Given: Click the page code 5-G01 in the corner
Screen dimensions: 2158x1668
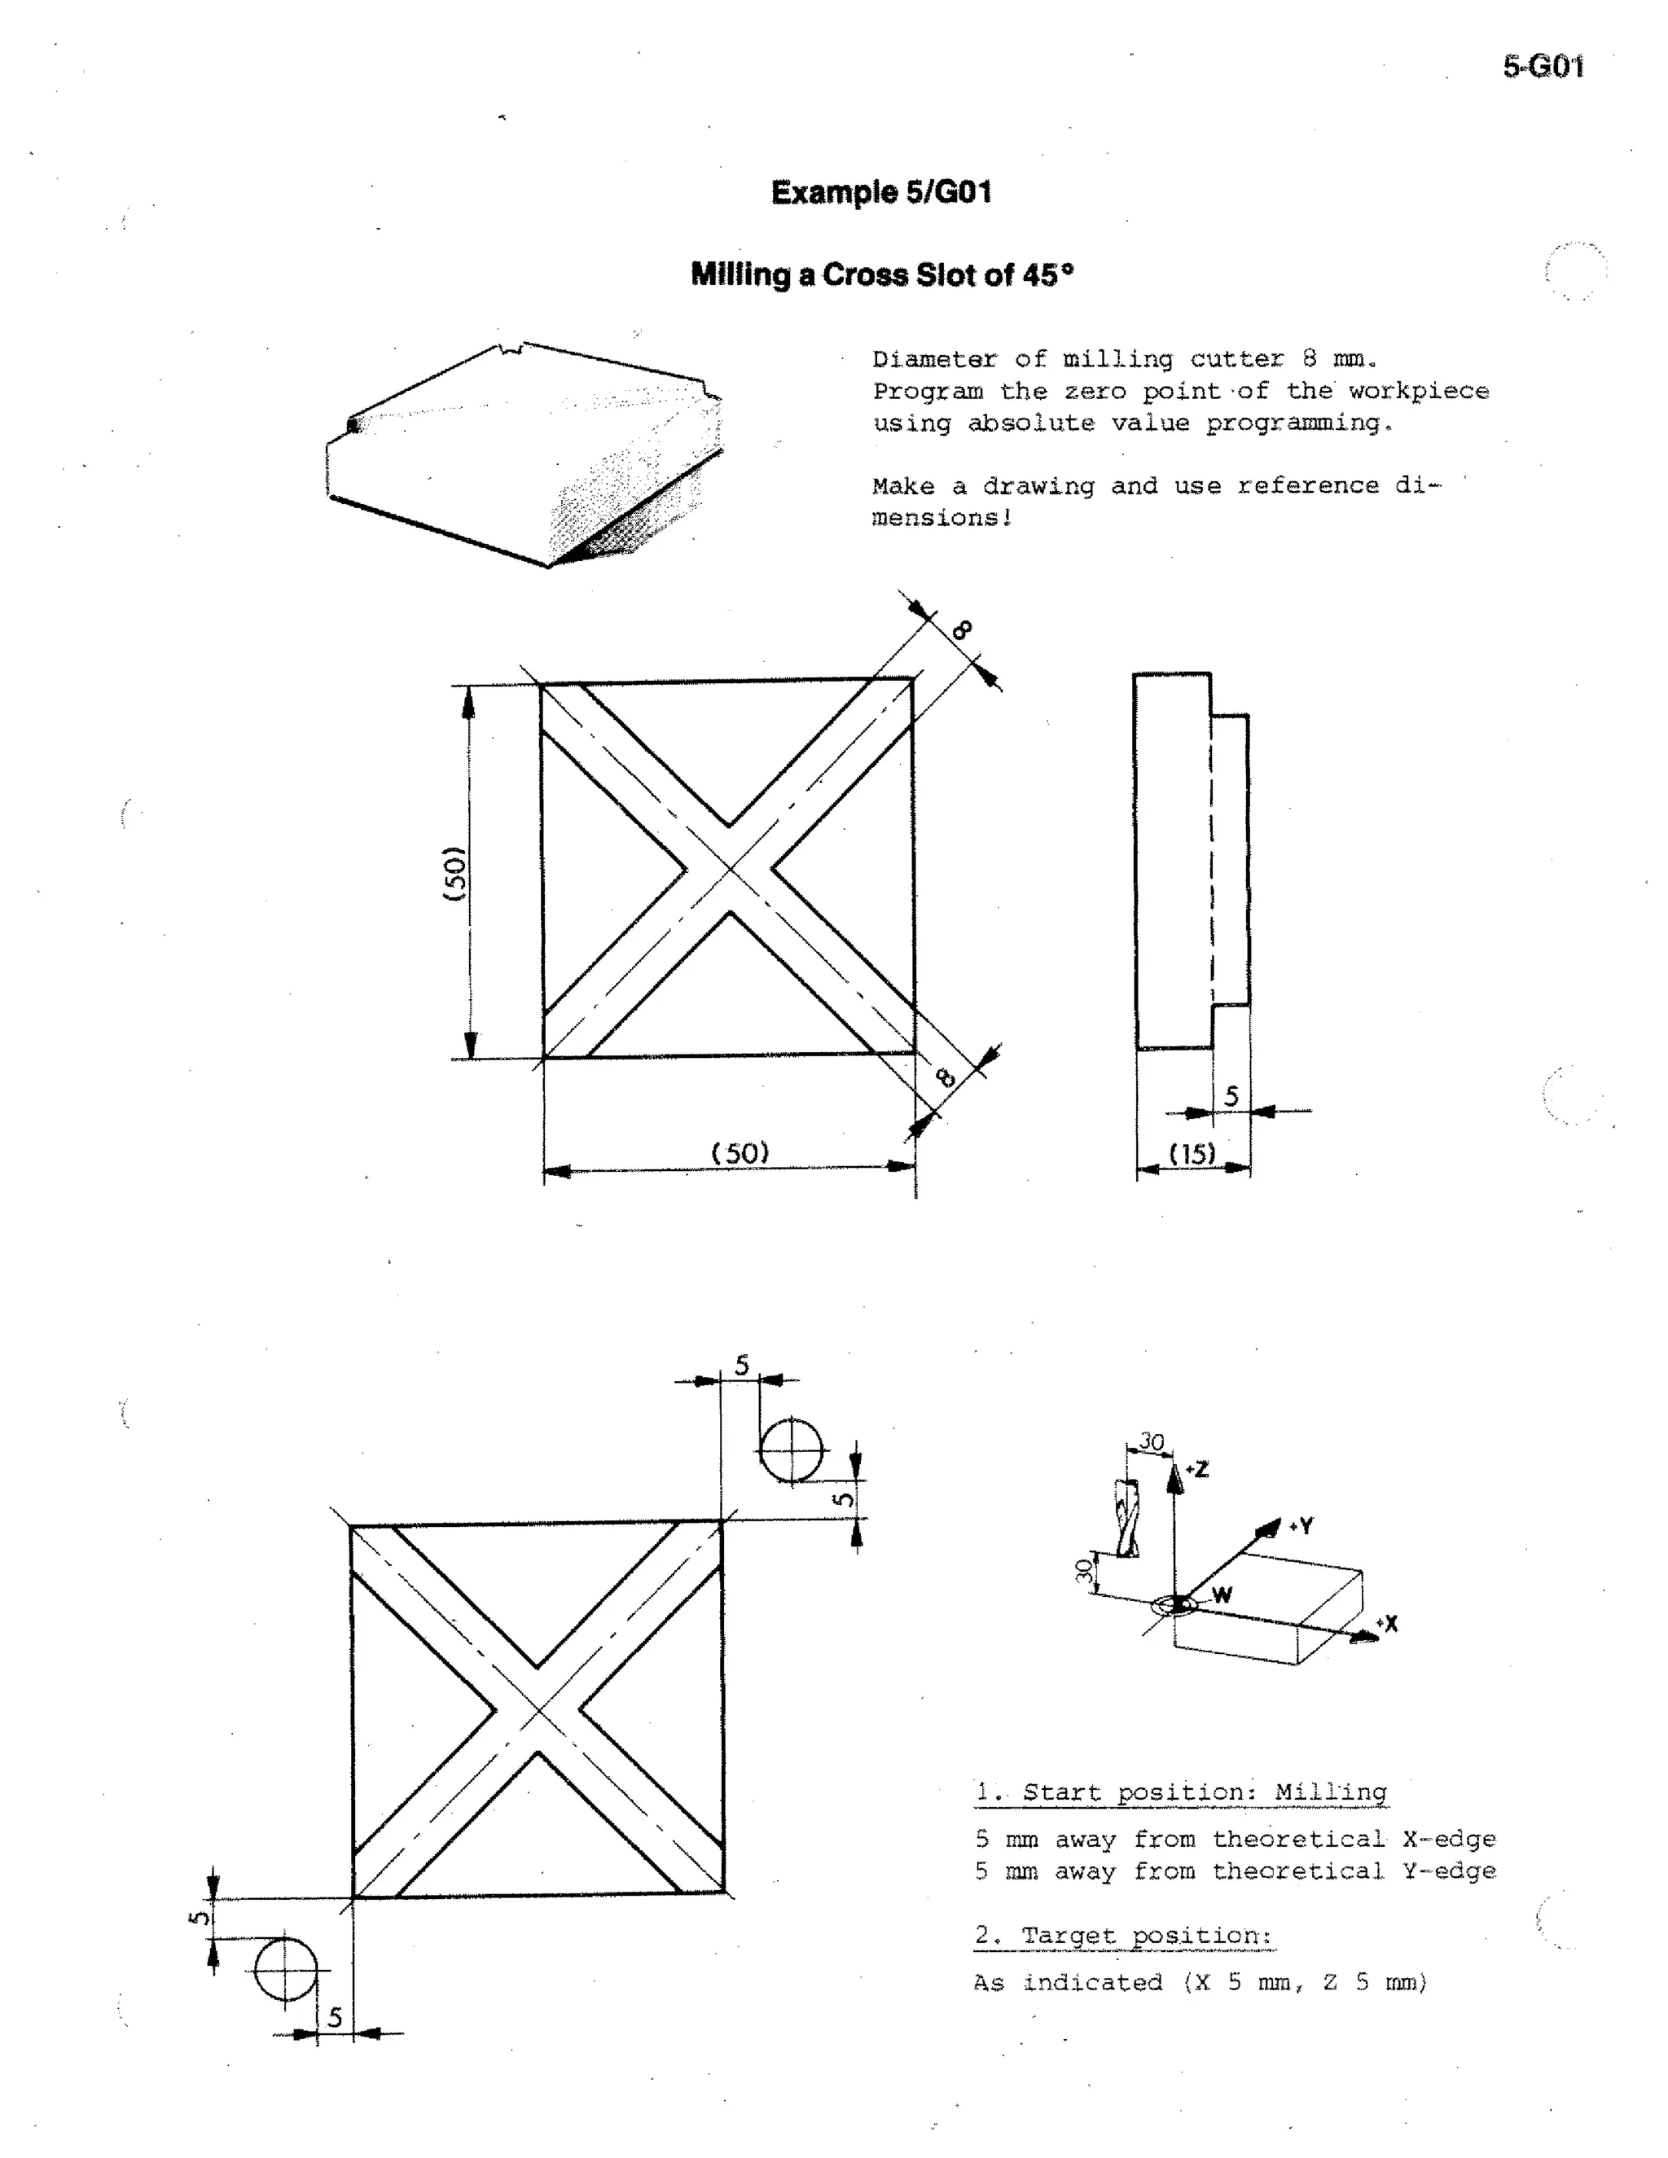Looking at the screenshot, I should (x=1543, y=68).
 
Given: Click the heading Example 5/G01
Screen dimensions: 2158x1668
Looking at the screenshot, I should (x=880, y=191).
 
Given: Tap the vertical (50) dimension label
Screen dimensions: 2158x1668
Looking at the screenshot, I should (x=454, y=872).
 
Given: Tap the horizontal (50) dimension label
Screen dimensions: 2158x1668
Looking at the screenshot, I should (x=740, y=1153).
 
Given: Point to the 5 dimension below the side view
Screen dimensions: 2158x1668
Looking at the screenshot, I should (x=1231, y=1096).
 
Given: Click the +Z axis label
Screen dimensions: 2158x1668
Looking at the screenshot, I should (x=1196, y=1469).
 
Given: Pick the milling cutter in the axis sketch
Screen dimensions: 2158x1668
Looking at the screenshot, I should (x=1126, y=1519).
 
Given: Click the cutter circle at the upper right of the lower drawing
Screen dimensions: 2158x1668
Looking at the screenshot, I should (x=791, y=1450).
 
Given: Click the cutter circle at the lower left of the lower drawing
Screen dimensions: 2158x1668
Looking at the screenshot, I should (x=286, y=1968).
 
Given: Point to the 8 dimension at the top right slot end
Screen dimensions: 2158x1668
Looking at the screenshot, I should (x=963, y=629).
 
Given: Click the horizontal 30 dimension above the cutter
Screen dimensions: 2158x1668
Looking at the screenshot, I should (x=1151, y=1441).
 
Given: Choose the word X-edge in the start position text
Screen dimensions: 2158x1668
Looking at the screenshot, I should (x=1449, y=1839).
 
